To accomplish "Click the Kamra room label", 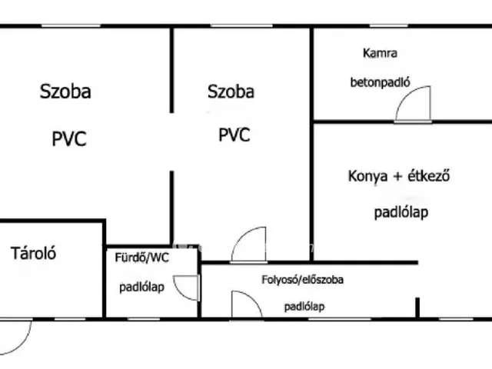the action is click(x=380, y=53).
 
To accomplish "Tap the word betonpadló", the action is click(x=380, y=82).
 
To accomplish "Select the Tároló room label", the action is click(x=33, y=253).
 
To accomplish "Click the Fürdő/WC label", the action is click(x=141, y=258).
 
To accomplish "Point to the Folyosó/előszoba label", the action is click(x=302, y=279).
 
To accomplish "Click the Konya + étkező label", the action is click(x=399, y=176).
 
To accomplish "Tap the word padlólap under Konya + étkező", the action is click(x=401, y=212).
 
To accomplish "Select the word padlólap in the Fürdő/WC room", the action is click(x=141, y=287).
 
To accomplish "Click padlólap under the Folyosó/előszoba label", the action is click(x=304, y=307).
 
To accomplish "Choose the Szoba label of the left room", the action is click(x=65, y=91).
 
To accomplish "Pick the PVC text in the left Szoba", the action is click(x=69, y=138).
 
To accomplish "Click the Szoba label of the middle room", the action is click(x=231, y=91).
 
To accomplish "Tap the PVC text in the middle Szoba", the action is click(x=234, y=135).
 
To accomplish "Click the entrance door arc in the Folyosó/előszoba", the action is click(x=254, y=299).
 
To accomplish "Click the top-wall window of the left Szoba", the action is click(x=71, y=25).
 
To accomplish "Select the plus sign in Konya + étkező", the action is click(x=397, y=176).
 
